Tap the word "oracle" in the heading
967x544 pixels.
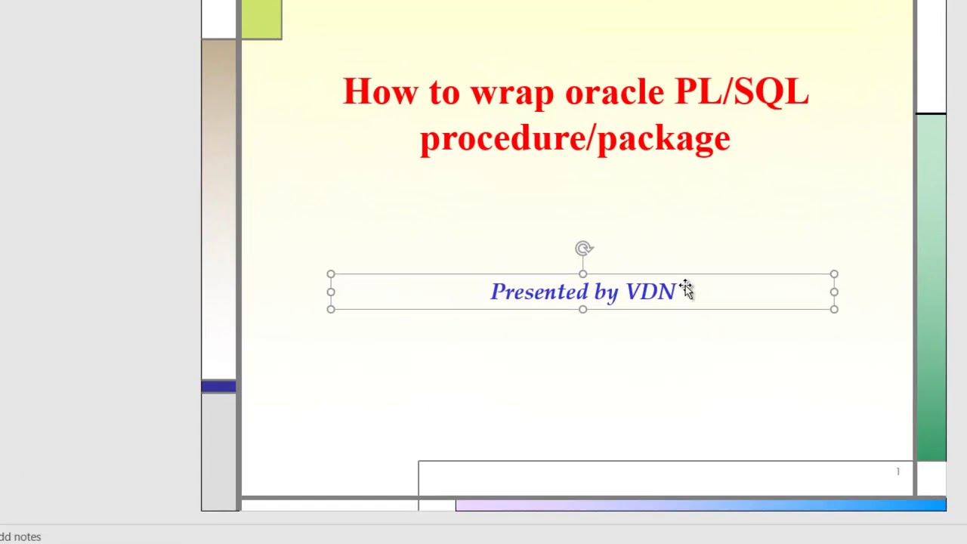pos(614,92)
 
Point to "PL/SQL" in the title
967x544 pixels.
pos(741,92)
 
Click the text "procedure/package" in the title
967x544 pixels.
pos(575,139)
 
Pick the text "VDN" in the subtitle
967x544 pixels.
pos(650,292)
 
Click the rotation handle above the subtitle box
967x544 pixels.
pos(583,249)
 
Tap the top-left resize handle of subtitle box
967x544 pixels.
pos(331,274)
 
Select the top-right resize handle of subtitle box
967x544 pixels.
pos(834,274)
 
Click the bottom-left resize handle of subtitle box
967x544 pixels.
pos(331,309)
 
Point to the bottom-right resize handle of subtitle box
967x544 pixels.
pos(834,309)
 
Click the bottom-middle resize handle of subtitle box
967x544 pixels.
pos(582,309)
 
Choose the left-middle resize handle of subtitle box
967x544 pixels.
pos(331,292)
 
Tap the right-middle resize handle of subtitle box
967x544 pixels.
pos(834,292)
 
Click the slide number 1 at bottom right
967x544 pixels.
pos(897,471)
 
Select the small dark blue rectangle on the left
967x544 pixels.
pos(218,387)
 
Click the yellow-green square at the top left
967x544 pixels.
pos(261,19)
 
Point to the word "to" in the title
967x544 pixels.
pos(444,92)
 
